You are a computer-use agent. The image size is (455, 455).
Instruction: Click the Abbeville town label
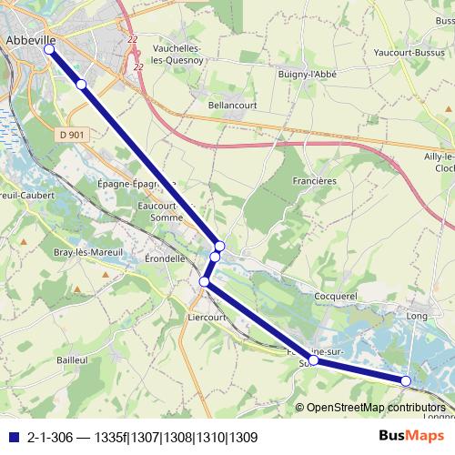(31, 40)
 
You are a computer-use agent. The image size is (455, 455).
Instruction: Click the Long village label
(418, 316)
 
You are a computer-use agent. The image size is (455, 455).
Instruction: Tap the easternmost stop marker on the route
(406, 380)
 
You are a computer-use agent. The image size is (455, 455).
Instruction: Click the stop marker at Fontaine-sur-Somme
(314, 360)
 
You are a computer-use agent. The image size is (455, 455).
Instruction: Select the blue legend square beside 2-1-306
(12, 437)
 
